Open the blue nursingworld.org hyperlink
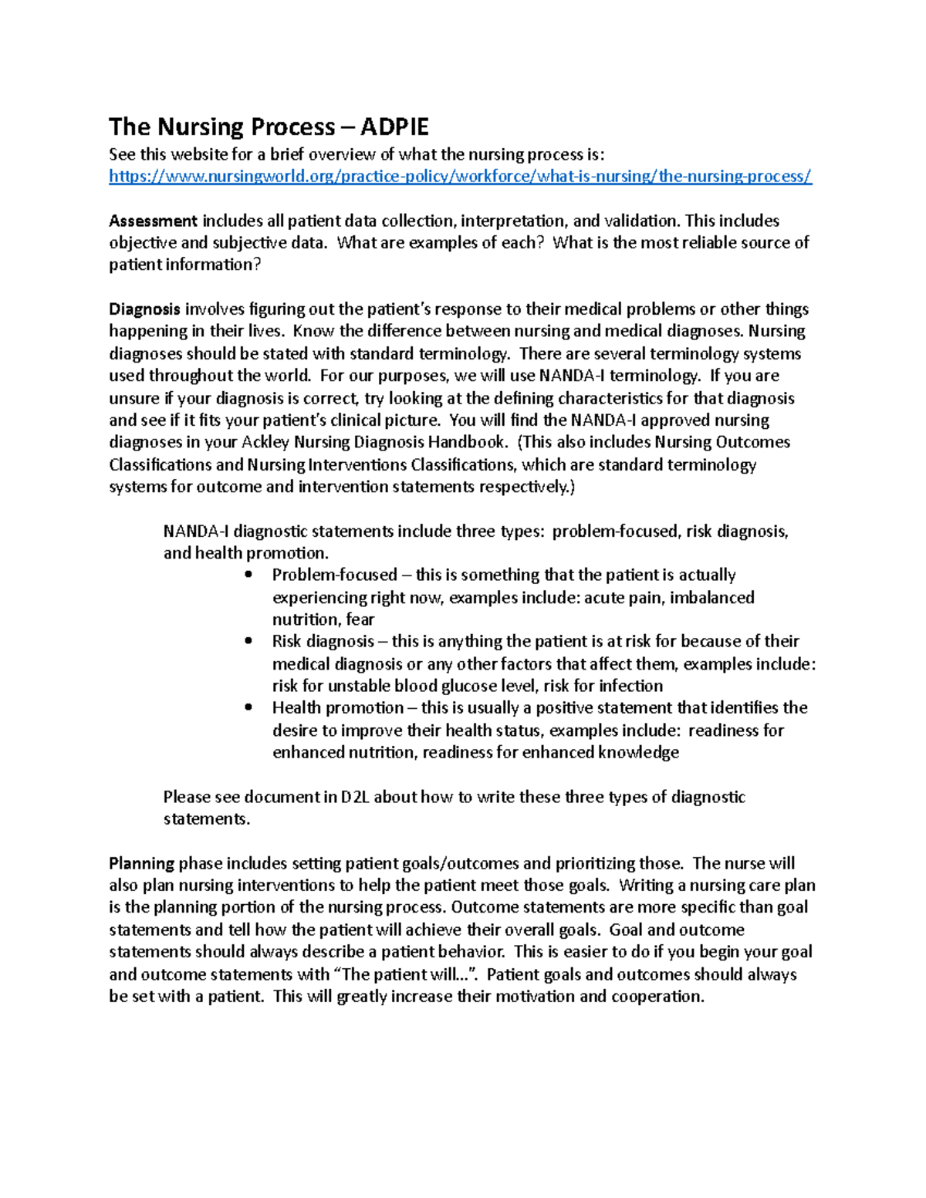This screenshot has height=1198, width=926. [460, 177]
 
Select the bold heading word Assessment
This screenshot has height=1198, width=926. [153, 221]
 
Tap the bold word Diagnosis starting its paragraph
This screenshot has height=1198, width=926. [144, 310]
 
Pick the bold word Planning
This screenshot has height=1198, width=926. [141, 864]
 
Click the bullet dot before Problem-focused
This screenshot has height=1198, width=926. [248, 575]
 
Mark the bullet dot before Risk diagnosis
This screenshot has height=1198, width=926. [248, 641]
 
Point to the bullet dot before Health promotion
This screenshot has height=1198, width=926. [248, 707]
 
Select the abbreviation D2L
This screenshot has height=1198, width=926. [355, 797]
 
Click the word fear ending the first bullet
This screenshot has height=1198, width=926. [360, 619]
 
